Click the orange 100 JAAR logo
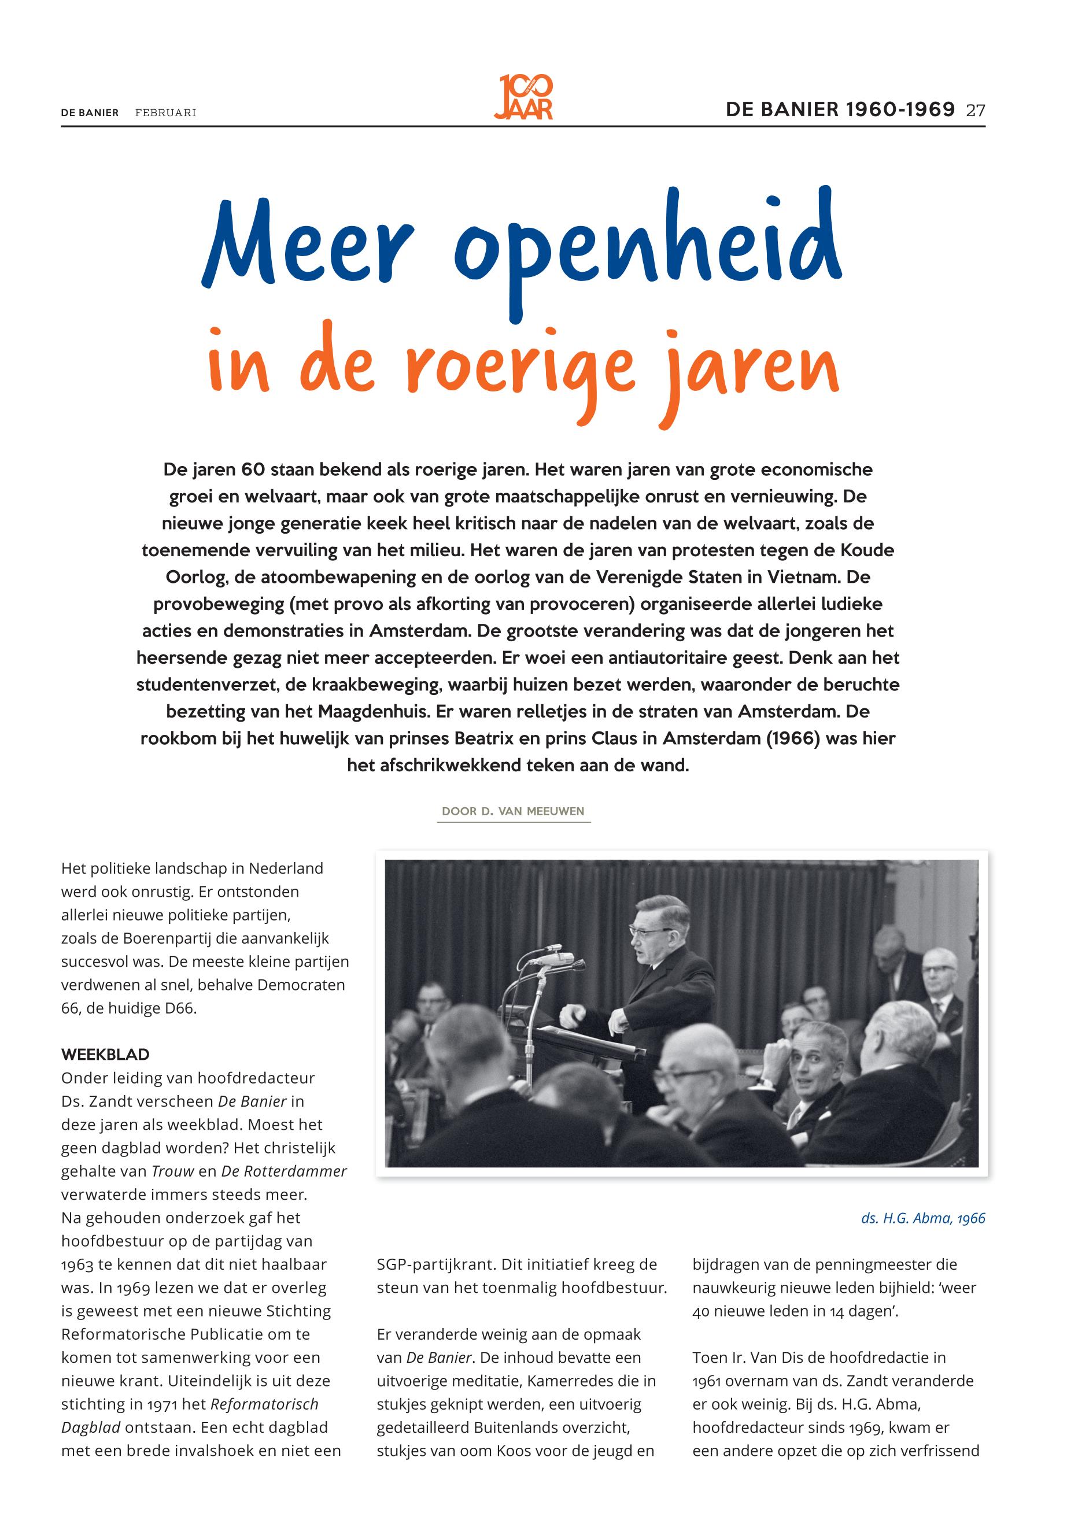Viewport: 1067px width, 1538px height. point(525,97)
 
